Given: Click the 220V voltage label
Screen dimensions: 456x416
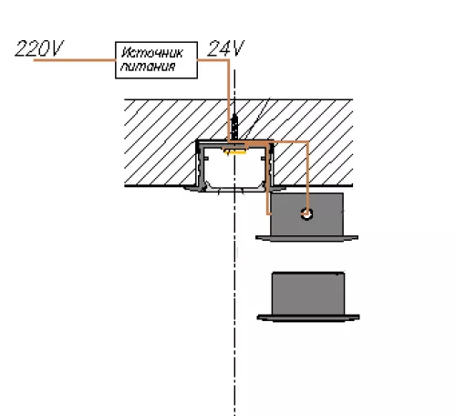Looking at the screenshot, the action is pyautogui.click(x=39, y=48).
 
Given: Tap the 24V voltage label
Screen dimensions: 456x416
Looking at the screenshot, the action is pyautogui.click(x=225, y=48).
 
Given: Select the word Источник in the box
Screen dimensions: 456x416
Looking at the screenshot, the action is pyautogui.click(x=152, y=53).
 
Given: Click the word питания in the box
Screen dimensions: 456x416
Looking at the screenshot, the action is pyautogui.click(x=148, y=67).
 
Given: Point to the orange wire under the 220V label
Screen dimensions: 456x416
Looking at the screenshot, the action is pyautogui.click(x=75, y=60).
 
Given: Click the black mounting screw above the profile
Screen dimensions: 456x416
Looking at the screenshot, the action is pyautogui.click(x=234, y=127).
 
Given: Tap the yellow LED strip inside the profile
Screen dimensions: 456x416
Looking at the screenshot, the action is pyautogui.click(x=234, y=151).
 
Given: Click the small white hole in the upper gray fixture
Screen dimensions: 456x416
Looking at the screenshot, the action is pyautogui.click(x=306, y=213).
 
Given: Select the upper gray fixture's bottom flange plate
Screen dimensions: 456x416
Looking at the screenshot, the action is pyautogui.click(x=306, y=238).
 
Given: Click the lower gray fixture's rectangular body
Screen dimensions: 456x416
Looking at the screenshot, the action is pyautogui.click(x=308, y=294).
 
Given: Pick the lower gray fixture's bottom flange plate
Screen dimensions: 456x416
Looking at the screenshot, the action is pyautogui.click(x=308, y=318).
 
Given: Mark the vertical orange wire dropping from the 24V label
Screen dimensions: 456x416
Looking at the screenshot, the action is pyautogui.click(x=228, y=100).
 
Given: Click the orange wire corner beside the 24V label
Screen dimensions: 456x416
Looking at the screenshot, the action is pyautogui.click(x=228, y=60).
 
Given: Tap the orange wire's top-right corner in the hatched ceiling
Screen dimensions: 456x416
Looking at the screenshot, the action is pyautogui.click(x=307, y=142).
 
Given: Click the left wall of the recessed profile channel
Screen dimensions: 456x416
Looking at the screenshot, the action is pyautogui.click(x=200, y=166).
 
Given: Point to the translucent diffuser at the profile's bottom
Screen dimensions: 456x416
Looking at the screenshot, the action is pyautogui.click(x=234, y=189).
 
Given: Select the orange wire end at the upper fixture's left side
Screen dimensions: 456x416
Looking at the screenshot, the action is pyautogui.click(x=268, y=213).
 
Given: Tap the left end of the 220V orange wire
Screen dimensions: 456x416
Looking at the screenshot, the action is pyautogui.click(x=34, y=60).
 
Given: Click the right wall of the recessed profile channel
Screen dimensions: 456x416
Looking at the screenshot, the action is pyautogui.click(x=270, y=166).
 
